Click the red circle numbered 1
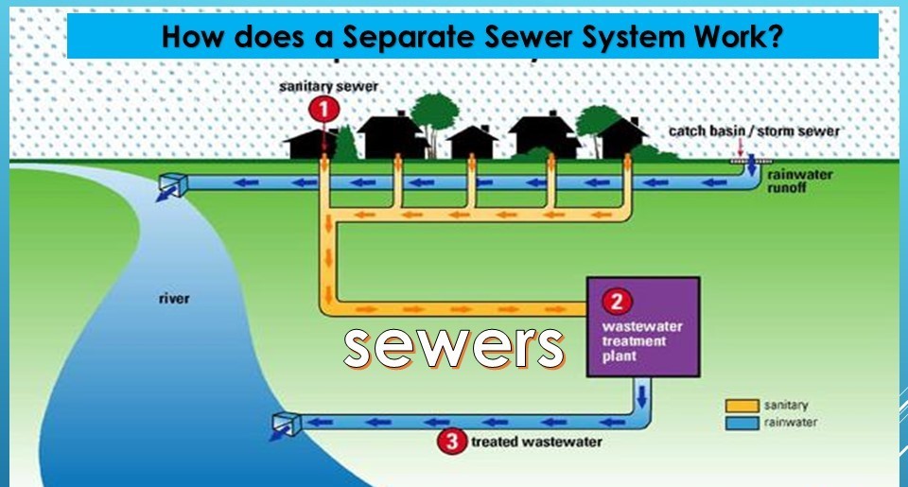coord(324,110)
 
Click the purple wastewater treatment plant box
coord(643,327)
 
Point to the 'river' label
coord(173,299)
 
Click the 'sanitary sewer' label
coord(329,86)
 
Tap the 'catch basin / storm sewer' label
coord(754,130)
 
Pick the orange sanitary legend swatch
coord(742,406)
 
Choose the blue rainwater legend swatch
coord(742,423)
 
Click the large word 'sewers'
coord(454,347)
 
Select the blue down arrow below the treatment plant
coord(641,391)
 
